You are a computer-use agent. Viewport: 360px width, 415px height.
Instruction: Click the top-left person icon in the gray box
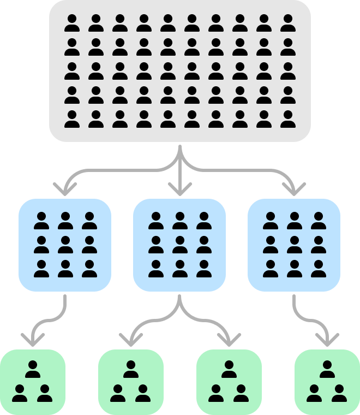coord(72,23)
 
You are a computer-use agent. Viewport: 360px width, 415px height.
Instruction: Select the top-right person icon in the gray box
coord(288,23)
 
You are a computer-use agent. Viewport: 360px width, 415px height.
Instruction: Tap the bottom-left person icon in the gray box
coord(72,119)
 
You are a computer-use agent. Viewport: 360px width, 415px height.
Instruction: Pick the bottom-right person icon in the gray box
coord(288,119)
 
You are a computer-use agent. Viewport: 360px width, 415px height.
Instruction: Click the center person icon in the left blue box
coord(65,245)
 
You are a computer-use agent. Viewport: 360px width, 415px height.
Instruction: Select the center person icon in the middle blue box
coord(180,245)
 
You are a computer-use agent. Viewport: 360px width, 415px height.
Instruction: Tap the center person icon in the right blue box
coord(295,245)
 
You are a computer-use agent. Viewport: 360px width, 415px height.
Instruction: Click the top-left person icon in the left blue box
coord(41,221)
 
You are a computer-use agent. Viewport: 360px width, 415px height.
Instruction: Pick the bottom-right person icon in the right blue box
coord(319,269)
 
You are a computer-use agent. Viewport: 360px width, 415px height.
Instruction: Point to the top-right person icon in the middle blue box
coord(204,221)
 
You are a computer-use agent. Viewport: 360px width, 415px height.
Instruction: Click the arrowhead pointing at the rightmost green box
coord(327,341)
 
